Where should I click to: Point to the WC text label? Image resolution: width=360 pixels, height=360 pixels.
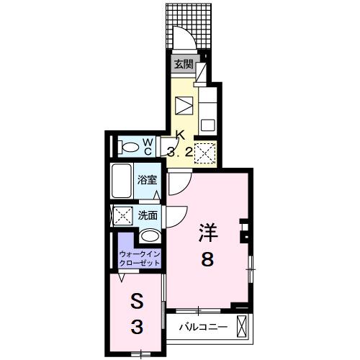pyautogui.click(x=147, y=146)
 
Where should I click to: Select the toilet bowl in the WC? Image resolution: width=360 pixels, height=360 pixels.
pyautogui.click(x=131, y=147)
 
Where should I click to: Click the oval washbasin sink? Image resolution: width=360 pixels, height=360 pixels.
pyautogui.click(x=149, y=236)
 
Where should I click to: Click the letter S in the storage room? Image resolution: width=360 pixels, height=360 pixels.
pyautogui.click(x=135, y=300)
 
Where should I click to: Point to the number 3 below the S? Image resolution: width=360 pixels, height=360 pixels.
pyautogui.click(x=135, y=328)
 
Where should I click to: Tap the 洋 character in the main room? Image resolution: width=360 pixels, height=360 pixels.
pyautogui.click(x=207, y=232)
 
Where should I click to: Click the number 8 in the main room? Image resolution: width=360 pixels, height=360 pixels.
pyautogui.click(x=207, y=260)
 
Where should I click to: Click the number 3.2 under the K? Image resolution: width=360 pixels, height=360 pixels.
pyautogui.click(x=181, y=151)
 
